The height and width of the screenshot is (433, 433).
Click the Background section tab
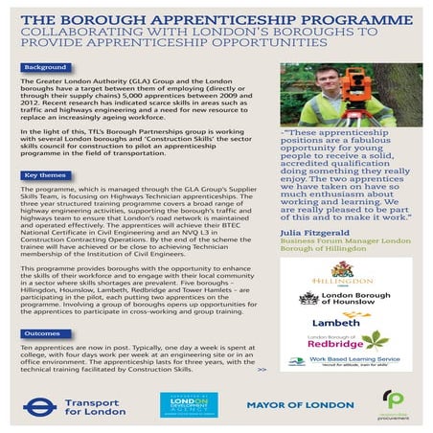point(45,68)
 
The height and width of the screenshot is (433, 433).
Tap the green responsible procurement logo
point(393,403)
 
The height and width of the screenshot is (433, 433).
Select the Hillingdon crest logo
point(339,269)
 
